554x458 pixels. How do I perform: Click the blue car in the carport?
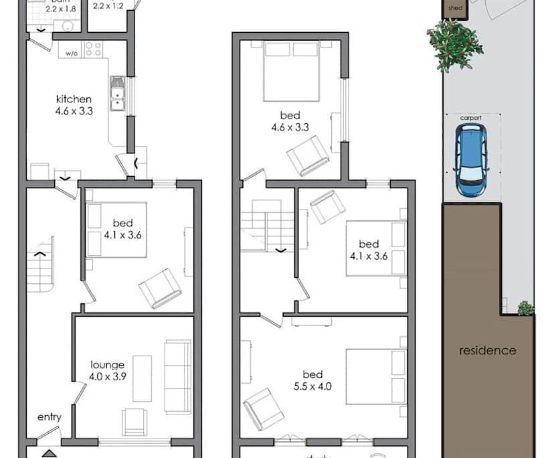pyautogui.click(x=472, y=159)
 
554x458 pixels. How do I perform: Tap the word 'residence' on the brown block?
pyautogui.click(x=487, y=350)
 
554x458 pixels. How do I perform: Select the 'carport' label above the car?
pyautogui.click(x=471, y=118)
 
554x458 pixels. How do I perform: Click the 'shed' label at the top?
pyautogui.click(x=455, y=9)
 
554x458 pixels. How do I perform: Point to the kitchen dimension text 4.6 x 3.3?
pyautogui.click(x=74, y=111)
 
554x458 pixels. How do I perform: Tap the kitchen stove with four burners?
pyautogui.click(x=93, y=49)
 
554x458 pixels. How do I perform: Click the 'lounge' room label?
pyautogui.click(x=108, y=365)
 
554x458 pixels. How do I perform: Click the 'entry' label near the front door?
pyautogui.click(x=50, y=417)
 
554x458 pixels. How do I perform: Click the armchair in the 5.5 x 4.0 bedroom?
pyautogui.click(x=263, y=408)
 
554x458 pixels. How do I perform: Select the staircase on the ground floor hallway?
pyautogui.click(x=40, y=264)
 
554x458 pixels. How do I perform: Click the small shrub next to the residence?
pyautogui.click(x=526, y=308)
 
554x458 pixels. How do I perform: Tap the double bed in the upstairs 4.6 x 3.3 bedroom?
pyautogui.click(x=291, y=70)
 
